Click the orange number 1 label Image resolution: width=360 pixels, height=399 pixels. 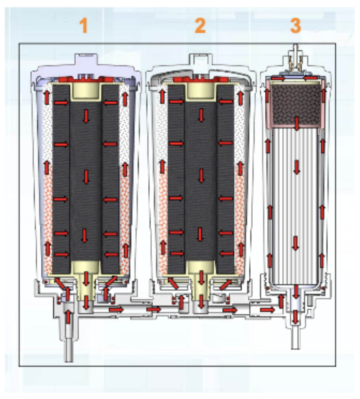point(83,26)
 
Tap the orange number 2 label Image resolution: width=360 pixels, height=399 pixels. point(200,26)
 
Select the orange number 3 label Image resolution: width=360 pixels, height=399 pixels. point(295,26)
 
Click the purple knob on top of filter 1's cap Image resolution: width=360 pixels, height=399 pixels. point(85,61)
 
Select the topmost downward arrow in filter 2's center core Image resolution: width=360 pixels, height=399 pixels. point(201,115)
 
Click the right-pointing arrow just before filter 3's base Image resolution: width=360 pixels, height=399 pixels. point(267,310)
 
